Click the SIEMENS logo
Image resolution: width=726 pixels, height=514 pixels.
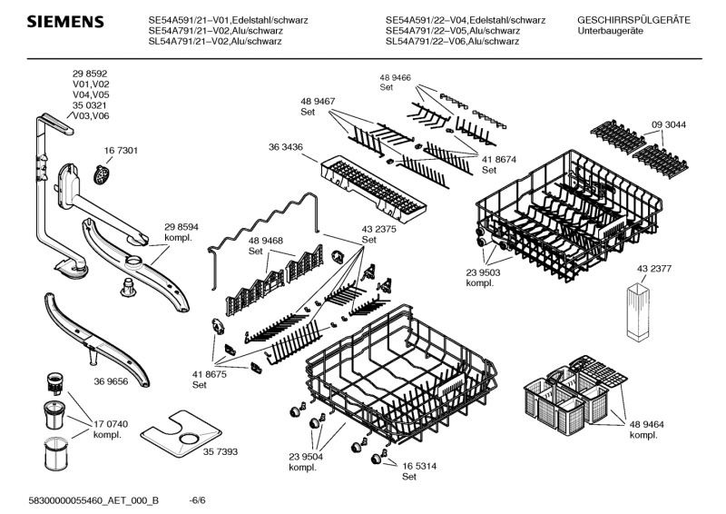(65, 22)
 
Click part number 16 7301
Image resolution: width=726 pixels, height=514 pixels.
(121, 151)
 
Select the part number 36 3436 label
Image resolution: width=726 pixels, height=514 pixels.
(286, 147)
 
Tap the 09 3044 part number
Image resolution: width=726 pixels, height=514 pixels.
(669, 124)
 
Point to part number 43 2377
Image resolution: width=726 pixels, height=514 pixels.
(653, 269)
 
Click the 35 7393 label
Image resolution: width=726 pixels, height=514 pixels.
(221, 451)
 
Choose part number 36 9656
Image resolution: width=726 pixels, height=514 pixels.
(111, 381)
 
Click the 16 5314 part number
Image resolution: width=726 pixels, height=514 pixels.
(419, 466)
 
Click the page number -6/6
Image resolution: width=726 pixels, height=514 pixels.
(198, 500)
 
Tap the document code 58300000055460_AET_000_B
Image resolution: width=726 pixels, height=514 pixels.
(93, 500)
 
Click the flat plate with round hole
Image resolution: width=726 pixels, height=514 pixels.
(181, 434)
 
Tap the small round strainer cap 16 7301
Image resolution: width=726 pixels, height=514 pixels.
(102, 174)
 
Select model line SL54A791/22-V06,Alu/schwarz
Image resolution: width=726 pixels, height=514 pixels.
(452, 41)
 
